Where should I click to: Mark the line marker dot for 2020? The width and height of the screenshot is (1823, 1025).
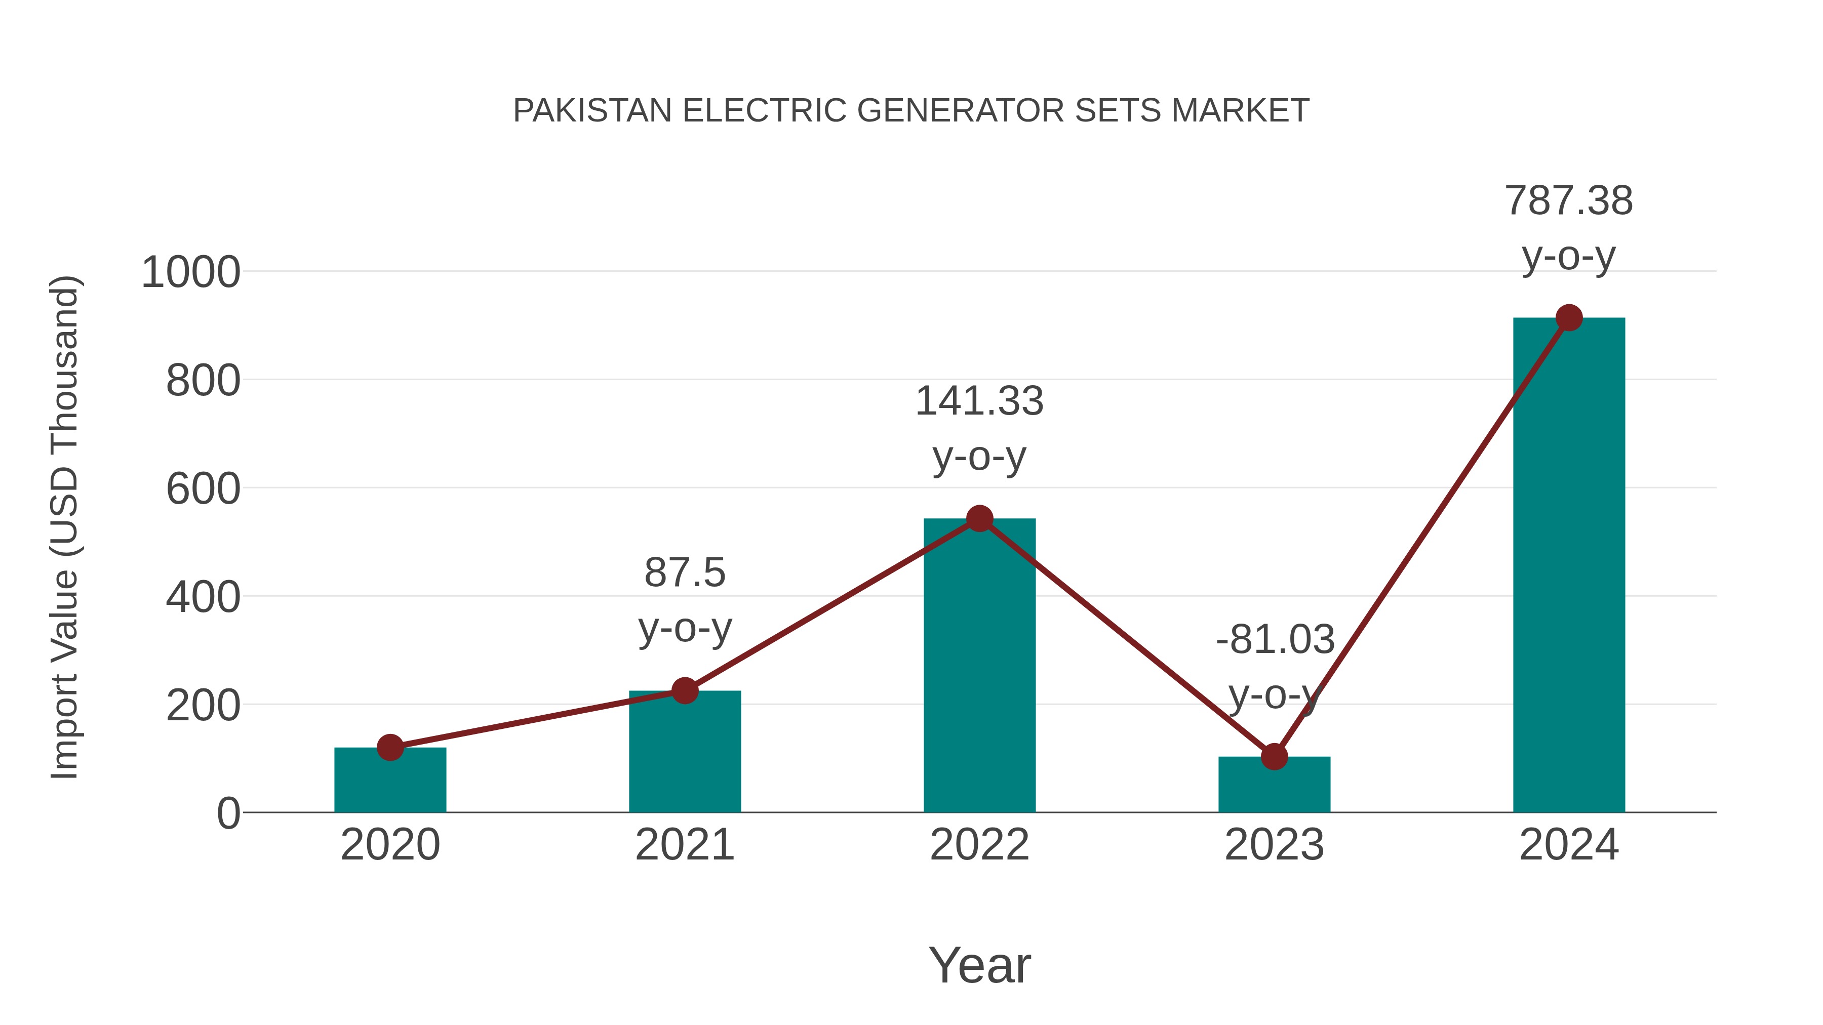coord(390,747)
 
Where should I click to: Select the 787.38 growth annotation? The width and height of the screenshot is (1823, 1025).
coord(1569,201)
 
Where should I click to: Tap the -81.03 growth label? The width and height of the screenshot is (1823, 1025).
coord(1275,640)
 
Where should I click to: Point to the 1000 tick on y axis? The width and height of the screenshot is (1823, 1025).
coord(191,273)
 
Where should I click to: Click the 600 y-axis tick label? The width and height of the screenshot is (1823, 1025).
coord(203,489)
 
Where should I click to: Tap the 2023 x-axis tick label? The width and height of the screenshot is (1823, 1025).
coord(1274,845)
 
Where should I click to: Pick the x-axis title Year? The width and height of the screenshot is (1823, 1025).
coord(979,966)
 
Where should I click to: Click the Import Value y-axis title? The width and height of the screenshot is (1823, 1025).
coord(65,527)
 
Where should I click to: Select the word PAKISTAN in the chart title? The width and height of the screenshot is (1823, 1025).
coord(592,111)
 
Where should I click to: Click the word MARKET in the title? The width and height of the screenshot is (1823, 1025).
coord(1240,111)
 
